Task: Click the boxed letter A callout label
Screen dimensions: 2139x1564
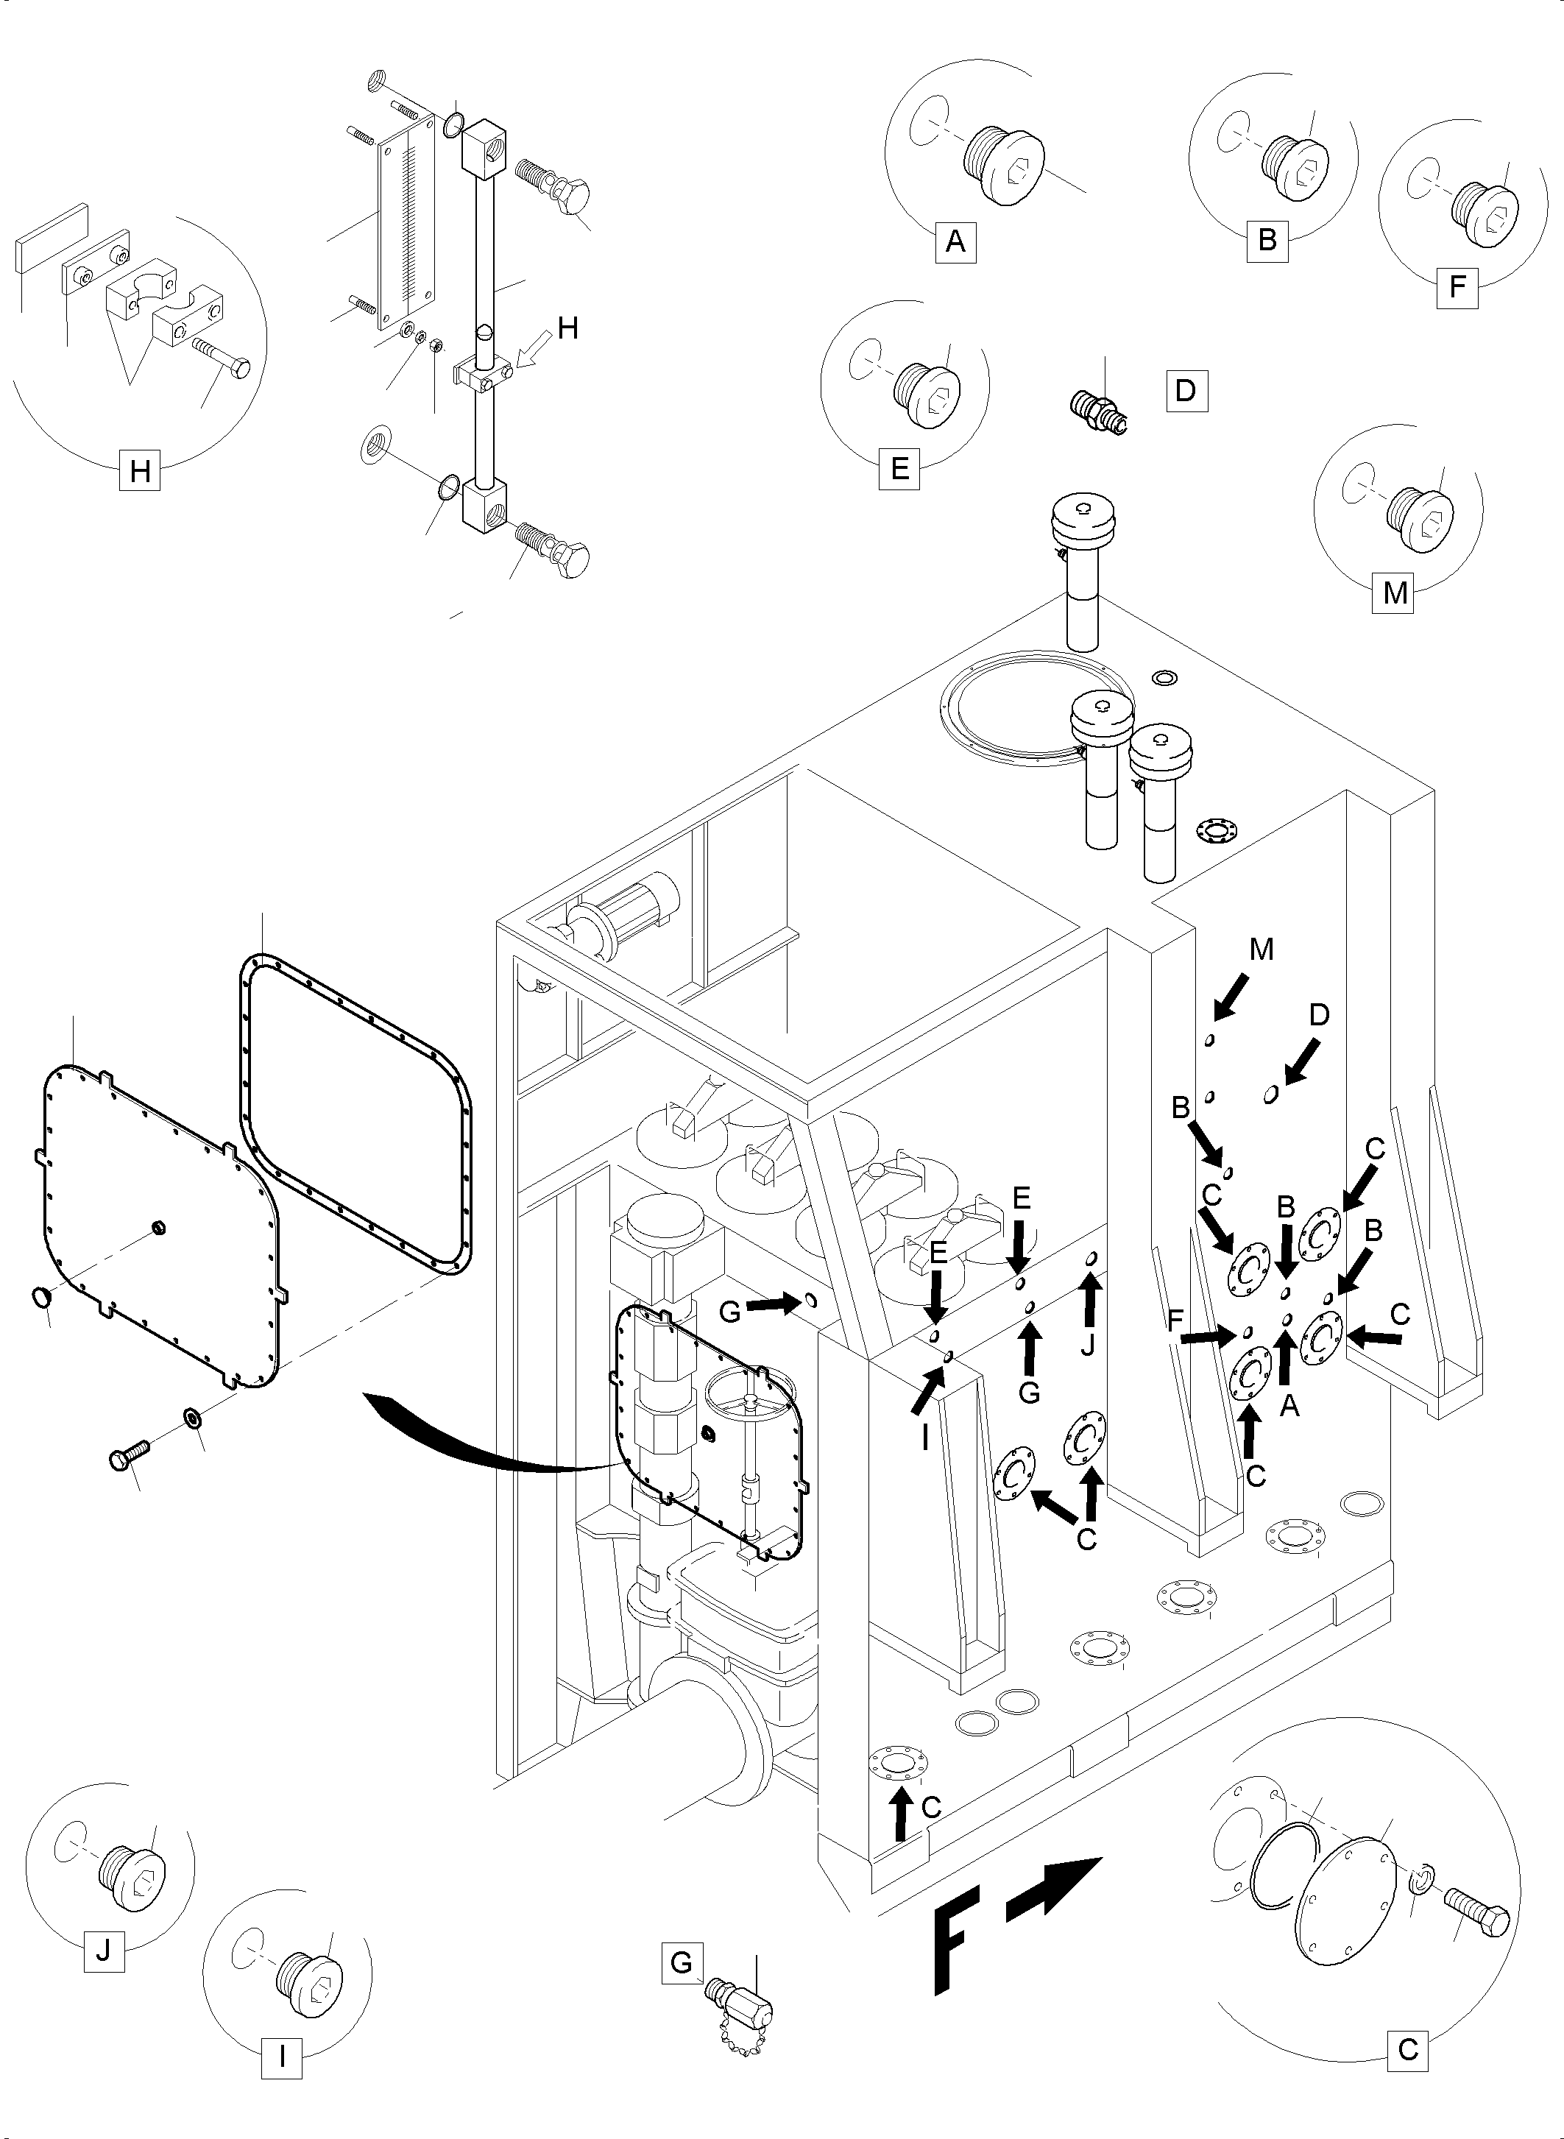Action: (955, 242)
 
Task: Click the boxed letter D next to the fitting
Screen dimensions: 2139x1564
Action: (1186, 390)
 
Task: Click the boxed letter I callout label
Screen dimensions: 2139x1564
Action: (281, 2033)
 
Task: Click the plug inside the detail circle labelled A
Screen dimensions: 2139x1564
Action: (1005, 164)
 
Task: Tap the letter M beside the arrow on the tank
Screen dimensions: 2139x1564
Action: (1261, 950)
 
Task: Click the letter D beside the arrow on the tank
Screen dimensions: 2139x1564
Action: (1319, 1015)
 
